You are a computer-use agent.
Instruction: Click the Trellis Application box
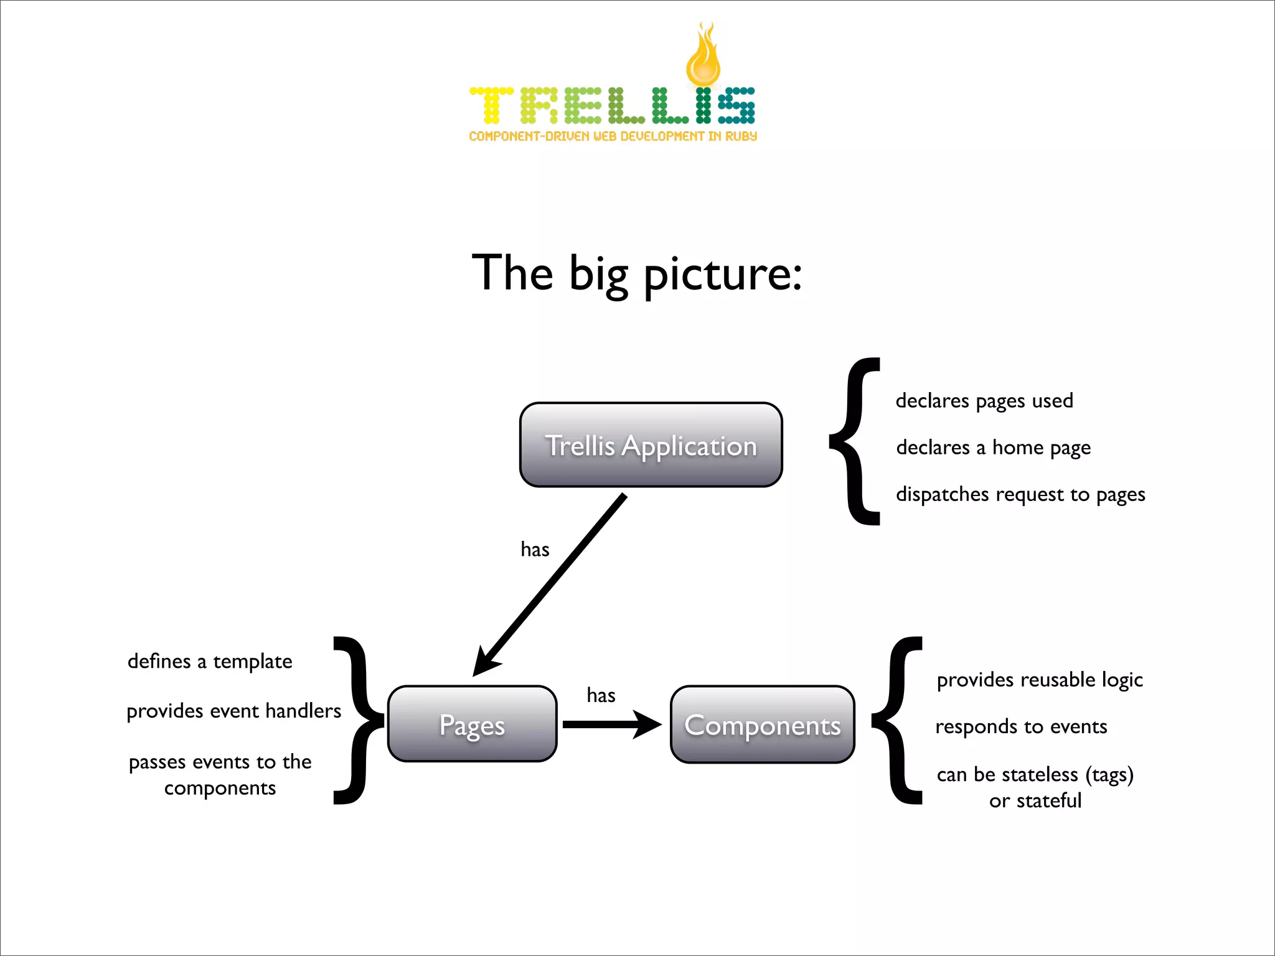[651, 445]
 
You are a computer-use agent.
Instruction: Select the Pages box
[472, 724]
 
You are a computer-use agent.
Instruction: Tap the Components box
[762, 724]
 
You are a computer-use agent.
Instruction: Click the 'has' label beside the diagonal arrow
[535, 550]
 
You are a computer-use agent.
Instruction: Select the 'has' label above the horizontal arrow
[601, 695]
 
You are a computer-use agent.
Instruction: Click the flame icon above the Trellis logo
[703, 56]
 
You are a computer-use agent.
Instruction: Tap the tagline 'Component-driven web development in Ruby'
[613, 136]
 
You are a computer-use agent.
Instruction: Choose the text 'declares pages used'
[984, 401]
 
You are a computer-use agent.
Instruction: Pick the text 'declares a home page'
[993, 448]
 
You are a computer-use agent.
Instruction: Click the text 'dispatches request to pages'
[1020, 494]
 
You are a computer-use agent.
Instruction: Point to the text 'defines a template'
[210, 661]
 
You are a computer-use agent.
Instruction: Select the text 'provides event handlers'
[233, 711]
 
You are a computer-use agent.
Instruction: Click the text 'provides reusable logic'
[1040, 680]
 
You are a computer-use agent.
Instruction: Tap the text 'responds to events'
[1021, 726]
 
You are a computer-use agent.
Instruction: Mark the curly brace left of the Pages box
[358, 721]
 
